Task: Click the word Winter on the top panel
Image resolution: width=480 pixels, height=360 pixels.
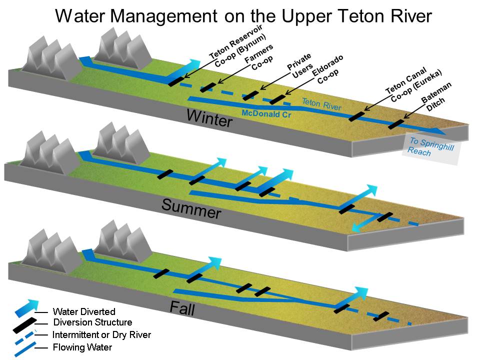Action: coord(209,118)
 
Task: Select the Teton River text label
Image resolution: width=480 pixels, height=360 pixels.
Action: coord(321,104)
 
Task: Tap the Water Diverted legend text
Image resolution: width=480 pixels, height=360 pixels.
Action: coord(83,311)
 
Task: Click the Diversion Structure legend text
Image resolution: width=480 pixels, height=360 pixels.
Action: coord(92,322)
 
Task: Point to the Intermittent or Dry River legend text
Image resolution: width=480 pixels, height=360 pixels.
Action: coord(101,334)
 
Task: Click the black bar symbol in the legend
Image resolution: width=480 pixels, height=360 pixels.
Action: coord(23,323)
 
